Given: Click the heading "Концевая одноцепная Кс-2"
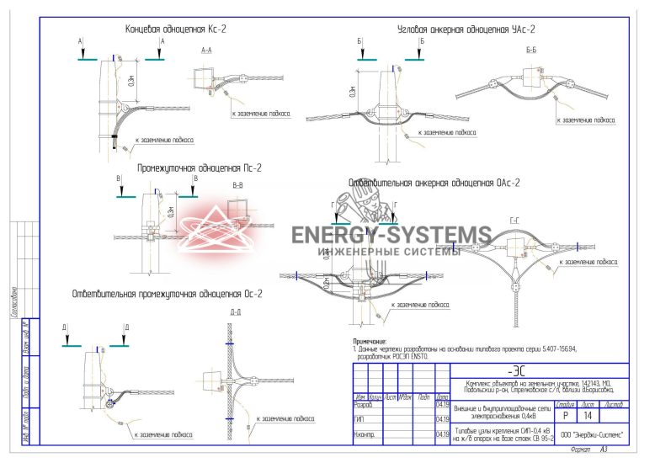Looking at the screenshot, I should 175,29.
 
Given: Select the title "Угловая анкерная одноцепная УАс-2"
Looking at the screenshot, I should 466,29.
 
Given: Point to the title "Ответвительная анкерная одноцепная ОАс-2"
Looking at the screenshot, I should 434,183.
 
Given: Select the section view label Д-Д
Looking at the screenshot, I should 236,312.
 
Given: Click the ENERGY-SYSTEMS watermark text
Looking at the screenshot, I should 391,235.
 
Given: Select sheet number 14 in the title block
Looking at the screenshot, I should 587,416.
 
